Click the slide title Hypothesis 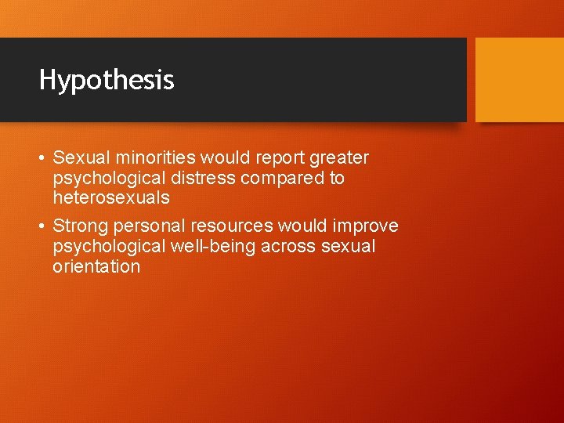click(107, 80)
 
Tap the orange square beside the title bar click(519, 79)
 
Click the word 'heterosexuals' click(110, 198)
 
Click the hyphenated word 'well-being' click(202, 247)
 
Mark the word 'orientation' click(96, 266)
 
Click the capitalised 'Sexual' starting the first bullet click(78, 158)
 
